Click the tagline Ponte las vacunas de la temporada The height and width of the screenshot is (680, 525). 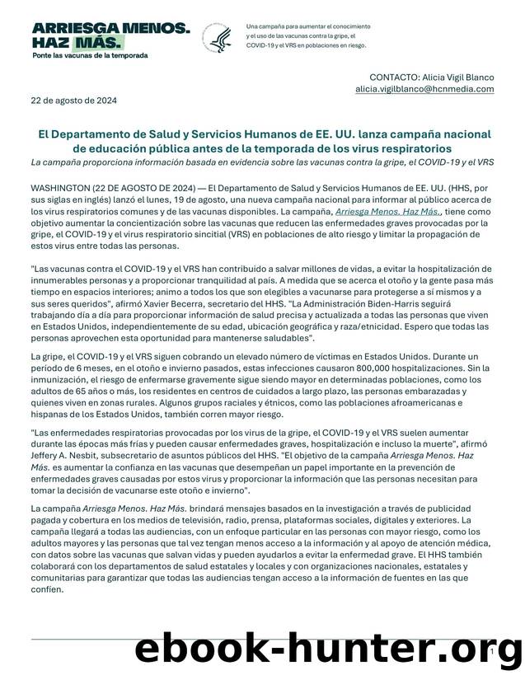(x=90, y=55)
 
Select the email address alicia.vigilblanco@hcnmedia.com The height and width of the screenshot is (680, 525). (x=424, y=88)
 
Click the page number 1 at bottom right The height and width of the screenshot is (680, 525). (x=491, y=650)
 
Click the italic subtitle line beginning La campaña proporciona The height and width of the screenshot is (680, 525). (x=262, y=163)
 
